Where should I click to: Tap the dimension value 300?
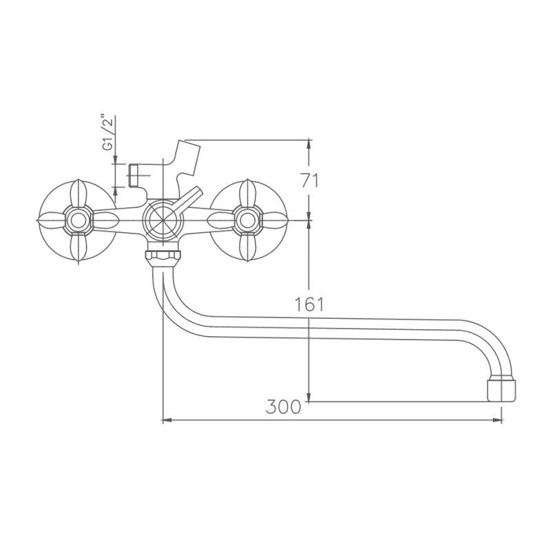point(283,406)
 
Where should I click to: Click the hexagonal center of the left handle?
point(77,220)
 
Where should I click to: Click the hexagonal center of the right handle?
point(245,220)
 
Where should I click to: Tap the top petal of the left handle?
point(77,194)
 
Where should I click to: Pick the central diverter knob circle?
point(161,220)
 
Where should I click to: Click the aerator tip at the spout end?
point(501,390)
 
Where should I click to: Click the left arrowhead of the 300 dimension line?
point(165,419)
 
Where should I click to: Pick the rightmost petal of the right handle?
point(272,220)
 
